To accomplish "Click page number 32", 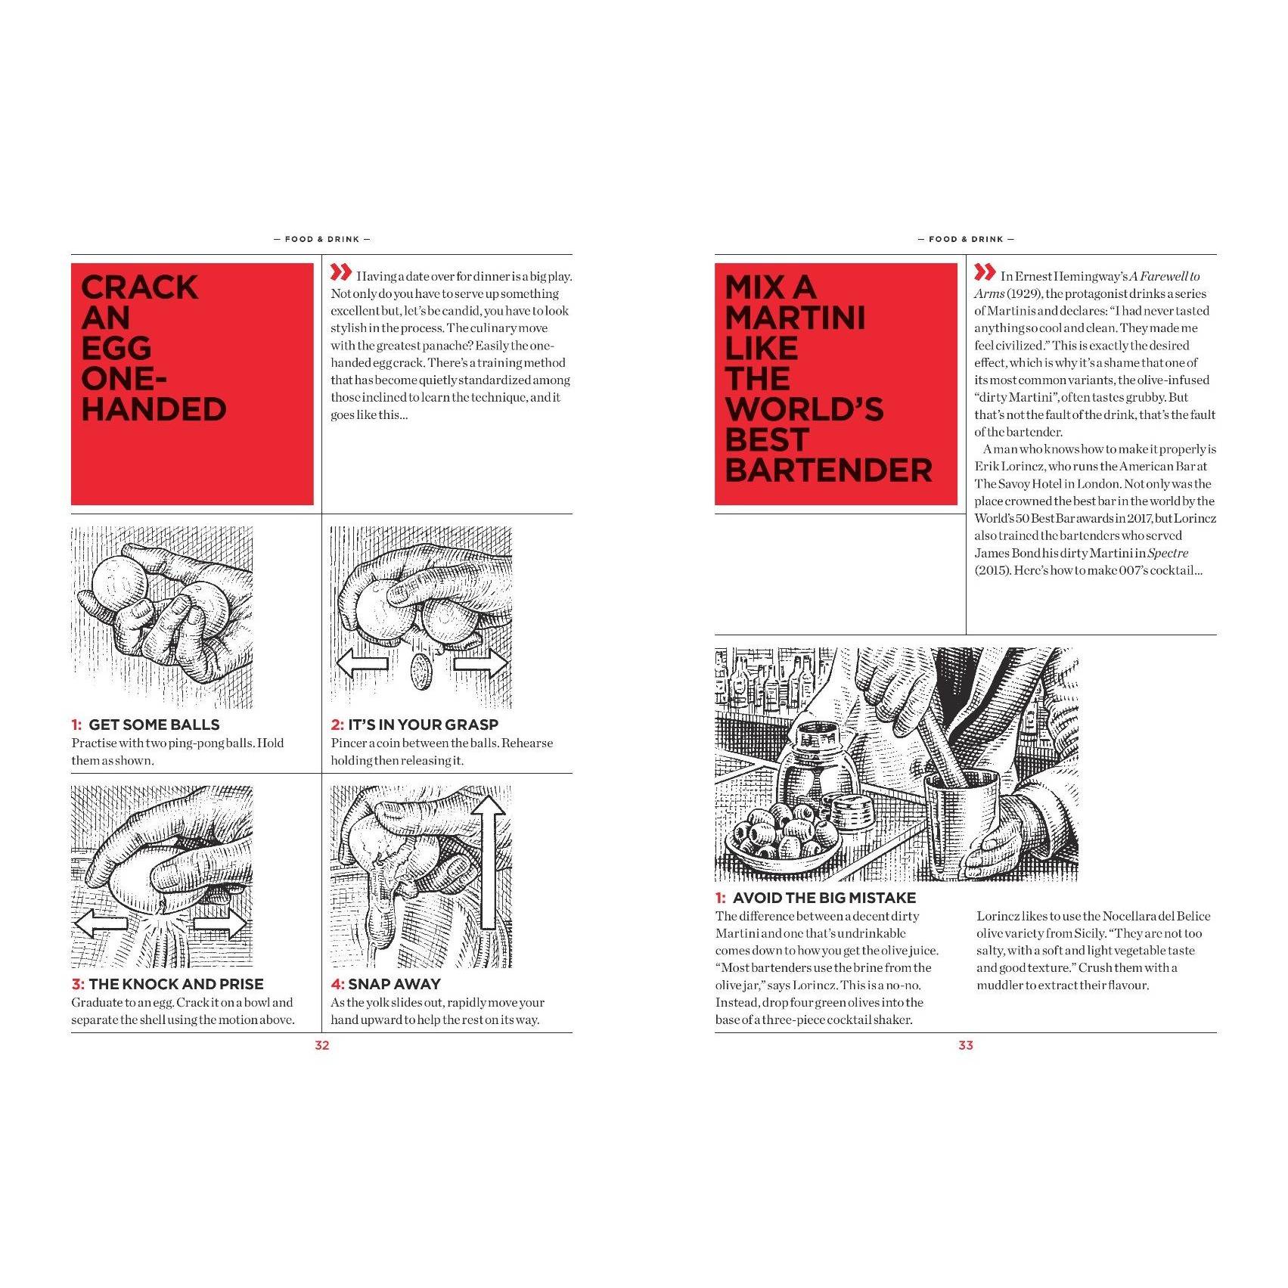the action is pos(322,1045).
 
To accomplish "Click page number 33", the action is pos(966,1045).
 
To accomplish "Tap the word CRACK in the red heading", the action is pos(140,287).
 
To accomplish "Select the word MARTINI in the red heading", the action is pos(795,318).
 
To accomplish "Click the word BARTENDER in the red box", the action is pos(828,470).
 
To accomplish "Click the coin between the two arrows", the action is pos(421,671).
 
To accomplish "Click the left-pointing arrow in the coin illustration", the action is pos(362,664).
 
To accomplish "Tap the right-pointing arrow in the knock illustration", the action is pos(220,923).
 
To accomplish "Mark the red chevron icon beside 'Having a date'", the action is pos(341,272).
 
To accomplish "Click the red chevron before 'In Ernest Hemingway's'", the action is pos(985,272).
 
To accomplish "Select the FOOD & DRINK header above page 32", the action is pos(322,239).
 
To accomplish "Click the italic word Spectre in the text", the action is pos(1168,553).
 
